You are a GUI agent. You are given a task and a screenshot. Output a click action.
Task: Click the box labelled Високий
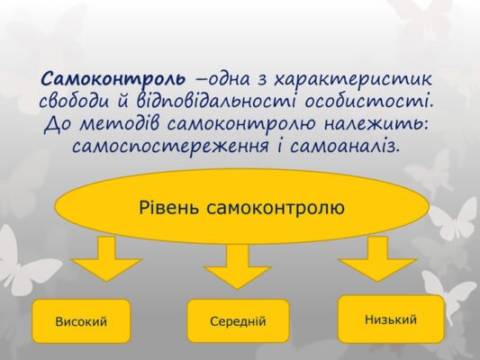pos(81,321)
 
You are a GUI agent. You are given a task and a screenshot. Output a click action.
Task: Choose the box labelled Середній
pos(238,321)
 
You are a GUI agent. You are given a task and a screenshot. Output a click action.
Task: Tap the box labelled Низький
pos(391,319)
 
